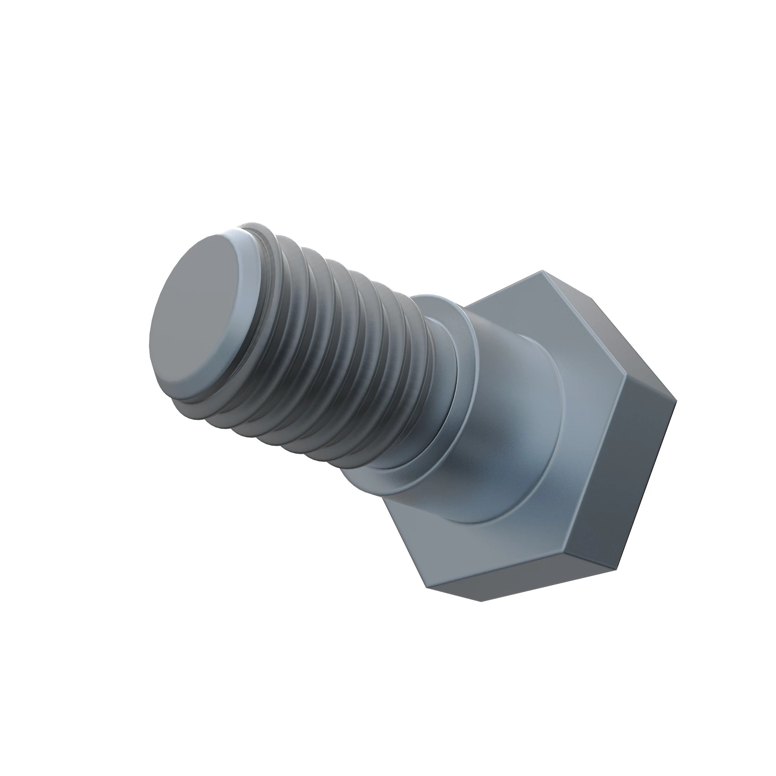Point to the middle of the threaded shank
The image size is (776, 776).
[341, 353]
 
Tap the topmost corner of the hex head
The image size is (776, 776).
[542, 270]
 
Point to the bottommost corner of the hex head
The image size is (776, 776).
[481, 613]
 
